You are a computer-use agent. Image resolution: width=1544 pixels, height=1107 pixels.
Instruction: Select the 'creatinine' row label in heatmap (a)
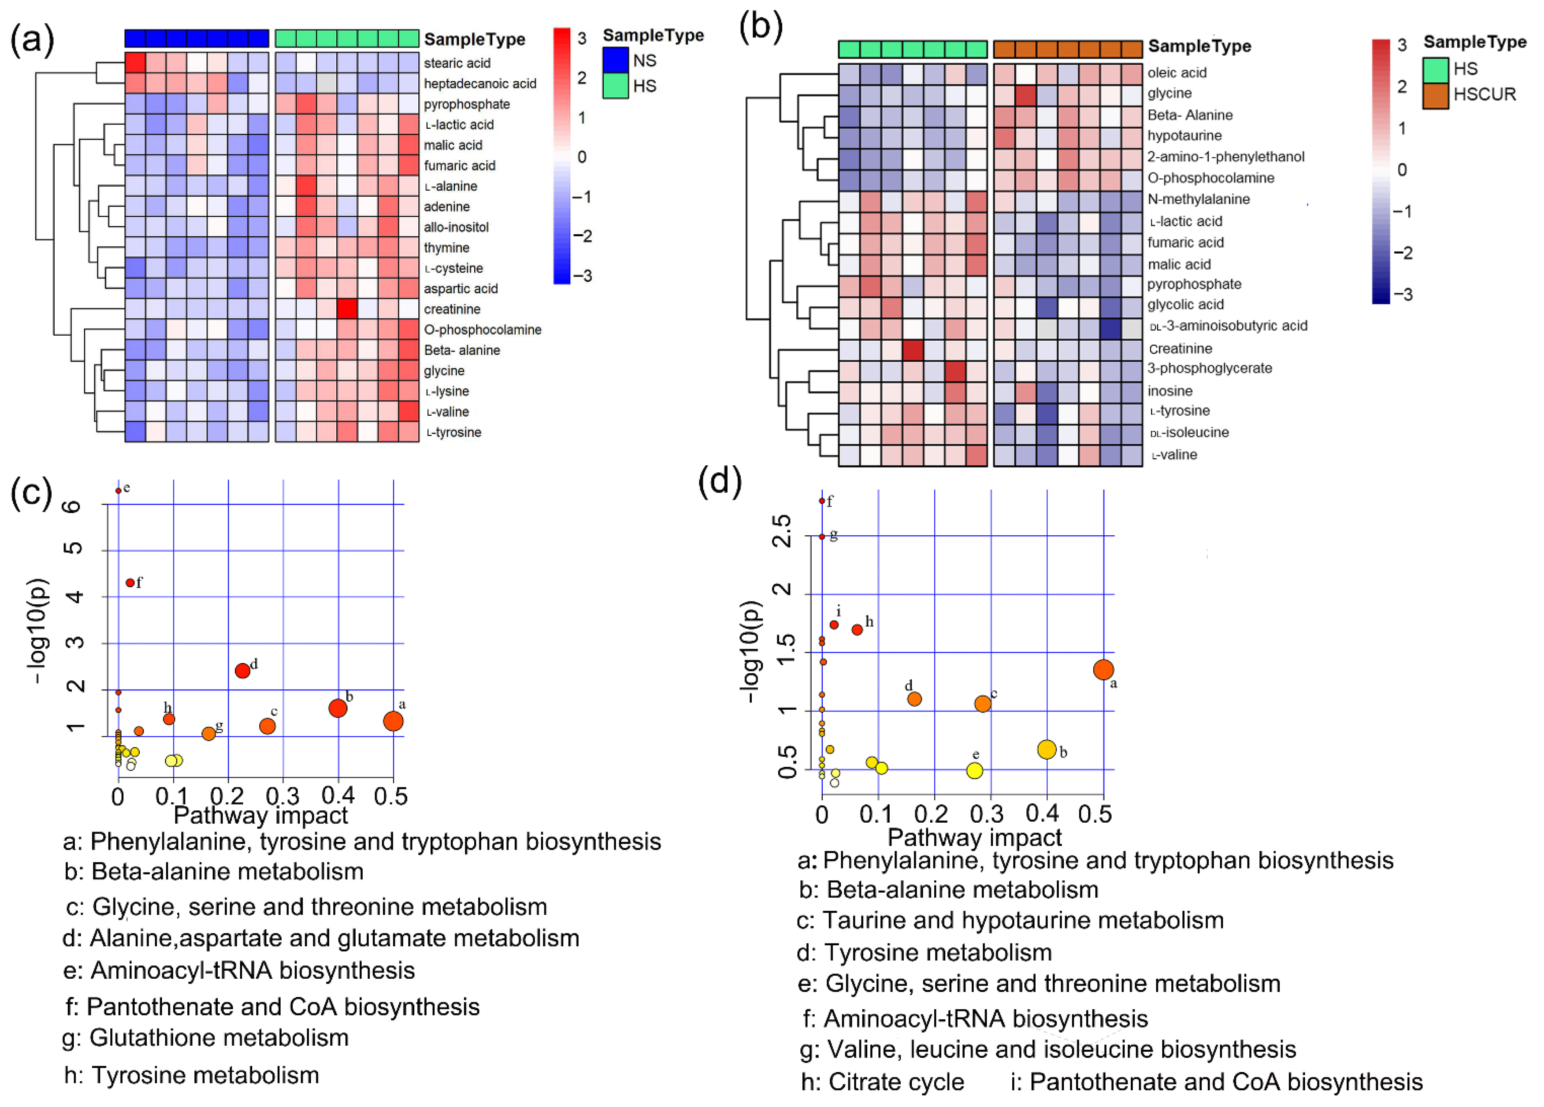[452, 309]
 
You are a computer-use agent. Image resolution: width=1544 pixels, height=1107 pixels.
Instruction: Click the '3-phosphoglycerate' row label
[1209, 368]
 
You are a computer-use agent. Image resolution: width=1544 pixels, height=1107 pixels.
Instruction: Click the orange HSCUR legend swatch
[1435, 95]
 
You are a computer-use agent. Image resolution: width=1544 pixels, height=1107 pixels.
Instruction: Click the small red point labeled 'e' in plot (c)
[119, 490]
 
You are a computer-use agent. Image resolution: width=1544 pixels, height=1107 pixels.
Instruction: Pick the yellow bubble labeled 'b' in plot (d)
[1046, 749]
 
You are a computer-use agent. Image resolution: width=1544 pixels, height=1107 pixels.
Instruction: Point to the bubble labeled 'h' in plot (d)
[857, 630]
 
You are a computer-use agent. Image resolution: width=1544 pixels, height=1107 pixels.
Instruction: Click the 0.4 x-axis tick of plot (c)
[338, 795]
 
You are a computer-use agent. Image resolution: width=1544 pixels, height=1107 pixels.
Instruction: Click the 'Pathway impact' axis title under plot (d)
[974, 837]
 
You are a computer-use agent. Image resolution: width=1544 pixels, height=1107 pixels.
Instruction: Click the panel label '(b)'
[761, 27]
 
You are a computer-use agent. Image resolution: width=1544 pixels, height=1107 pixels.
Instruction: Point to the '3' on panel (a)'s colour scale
[582, 39]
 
